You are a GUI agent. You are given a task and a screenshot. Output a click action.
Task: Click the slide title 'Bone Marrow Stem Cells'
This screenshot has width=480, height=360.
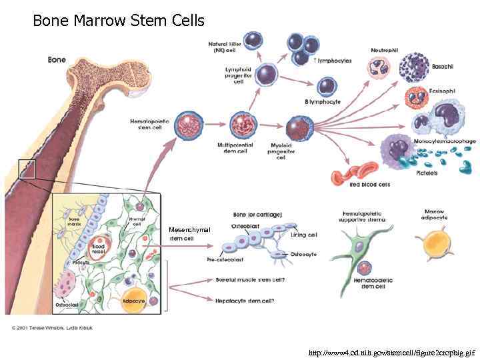[x=119, y=21]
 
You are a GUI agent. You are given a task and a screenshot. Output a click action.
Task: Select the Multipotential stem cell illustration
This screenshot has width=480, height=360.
[x=243, y=125]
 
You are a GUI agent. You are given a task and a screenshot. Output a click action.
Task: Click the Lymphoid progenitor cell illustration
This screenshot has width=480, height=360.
[x=267, y=73]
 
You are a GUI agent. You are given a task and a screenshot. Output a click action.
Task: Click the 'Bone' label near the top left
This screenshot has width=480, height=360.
[x=57, y=59]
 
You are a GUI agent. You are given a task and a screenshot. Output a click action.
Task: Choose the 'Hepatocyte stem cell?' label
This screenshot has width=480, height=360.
[x=245, y=301]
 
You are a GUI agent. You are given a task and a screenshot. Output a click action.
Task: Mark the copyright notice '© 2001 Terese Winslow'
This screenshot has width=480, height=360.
[x=52, y=327]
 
